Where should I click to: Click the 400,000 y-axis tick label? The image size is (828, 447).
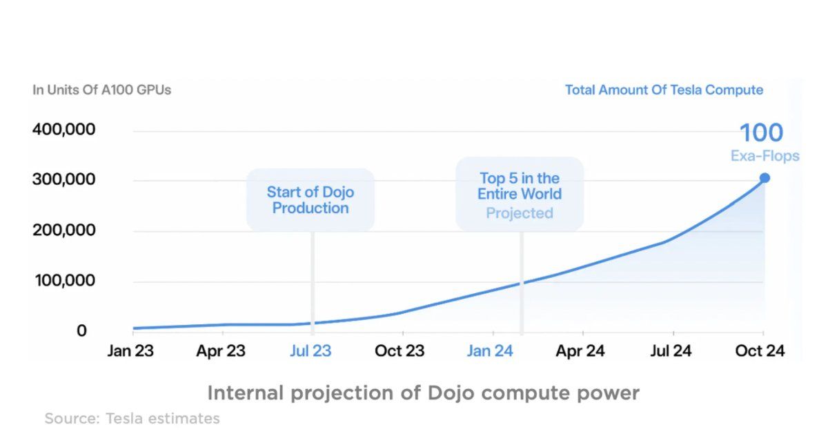coord(64,130)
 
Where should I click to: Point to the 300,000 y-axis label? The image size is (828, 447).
coord(64,180)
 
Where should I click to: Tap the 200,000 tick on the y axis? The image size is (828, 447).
coord(64,230)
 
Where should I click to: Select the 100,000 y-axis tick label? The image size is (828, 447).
coord(64,281)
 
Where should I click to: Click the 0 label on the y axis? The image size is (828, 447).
coord(81,331)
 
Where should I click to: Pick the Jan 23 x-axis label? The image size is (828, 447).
coord(130,351)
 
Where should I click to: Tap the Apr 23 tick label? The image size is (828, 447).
coord(220,351)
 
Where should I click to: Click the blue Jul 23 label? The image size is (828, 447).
coord(310,351)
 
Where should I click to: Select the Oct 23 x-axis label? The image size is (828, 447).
coord(400,351)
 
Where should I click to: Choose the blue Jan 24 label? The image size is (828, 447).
coord(490,351)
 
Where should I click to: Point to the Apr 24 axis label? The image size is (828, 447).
coord(580,351)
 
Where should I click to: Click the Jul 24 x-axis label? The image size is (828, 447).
coord(671,351)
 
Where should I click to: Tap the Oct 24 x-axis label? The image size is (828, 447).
coord(760,351)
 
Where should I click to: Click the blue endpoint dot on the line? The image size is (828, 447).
coord(765,178)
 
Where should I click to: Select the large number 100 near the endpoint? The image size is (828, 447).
coord(761,132)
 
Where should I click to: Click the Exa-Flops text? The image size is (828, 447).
coord(765,157)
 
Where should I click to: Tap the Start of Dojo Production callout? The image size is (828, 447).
coord(310,199)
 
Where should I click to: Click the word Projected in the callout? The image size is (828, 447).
coord(520,213)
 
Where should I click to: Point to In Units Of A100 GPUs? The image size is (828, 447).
coord(102,90)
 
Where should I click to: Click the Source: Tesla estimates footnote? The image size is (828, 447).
coord(132,418)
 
